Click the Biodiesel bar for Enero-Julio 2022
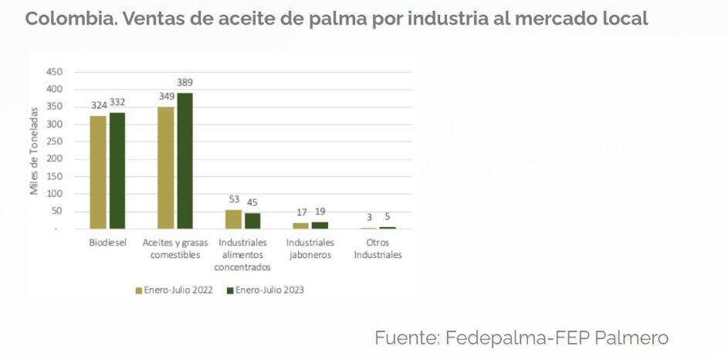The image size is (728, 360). pyautogui.click(x=98, y=172)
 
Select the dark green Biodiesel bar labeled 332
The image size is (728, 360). pyautogui.click(x=117, y=171)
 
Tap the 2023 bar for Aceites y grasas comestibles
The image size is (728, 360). pyautogui.click(x=185, y=161)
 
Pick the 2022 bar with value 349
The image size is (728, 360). pyautogui.click(x=166, y=168)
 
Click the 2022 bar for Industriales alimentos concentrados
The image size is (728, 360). pyautogui.click(x=233, y=219)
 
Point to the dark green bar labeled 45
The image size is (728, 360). pyautogui.click(x=252, y=221)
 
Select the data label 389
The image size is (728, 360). pyautogui.click(x=185, y=83)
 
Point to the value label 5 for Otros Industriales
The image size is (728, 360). pyautogui.click(x=389, y=217)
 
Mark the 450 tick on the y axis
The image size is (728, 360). pyautogui.click(x=55, y=71)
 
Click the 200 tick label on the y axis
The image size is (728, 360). pyautogui.click(x=55, y=159)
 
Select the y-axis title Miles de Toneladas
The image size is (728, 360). pyautogui.click(x=35, y=151)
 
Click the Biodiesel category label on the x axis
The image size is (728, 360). pyautogui.click(x=107, y=243)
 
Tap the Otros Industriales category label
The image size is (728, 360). pyautogui.click(x=378, y=249)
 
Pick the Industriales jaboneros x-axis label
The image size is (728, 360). pyautogui.click(x=310, y=249)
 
